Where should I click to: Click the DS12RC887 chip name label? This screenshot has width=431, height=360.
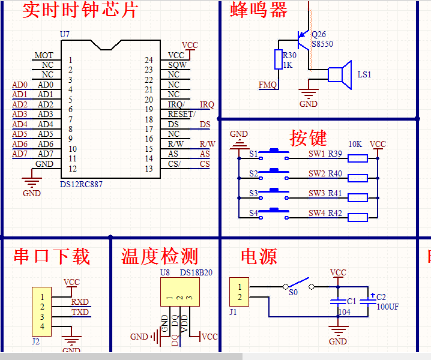pos(82,184)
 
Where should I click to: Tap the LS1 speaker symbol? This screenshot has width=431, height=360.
pos(340,74)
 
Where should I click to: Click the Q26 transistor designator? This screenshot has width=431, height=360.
pos(319,34)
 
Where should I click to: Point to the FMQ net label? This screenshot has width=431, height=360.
pos(268,85)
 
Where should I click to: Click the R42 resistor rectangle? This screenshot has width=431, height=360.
pos(358,217)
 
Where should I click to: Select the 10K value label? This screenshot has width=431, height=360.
pos(355,144)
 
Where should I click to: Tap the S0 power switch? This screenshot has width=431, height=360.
pos(298,282)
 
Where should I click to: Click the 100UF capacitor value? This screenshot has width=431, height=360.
pos(387,307)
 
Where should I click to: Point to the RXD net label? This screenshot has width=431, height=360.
pos(80,302)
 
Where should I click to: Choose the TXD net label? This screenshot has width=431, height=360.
pos(80,312)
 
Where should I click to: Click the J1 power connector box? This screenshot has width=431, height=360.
pos(240,292)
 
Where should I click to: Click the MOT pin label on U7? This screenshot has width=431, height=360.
pos(44,55)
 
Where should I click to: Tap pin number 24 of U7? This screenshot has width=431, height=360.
pos(149,60)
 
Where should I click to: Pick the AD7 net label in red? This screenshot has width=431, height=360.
pos(20,154)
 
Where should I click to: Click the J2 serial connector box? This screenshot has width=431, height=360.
pos(41,311)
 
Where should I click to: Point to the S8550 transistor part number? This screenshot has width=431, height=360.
pos(322,44)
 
